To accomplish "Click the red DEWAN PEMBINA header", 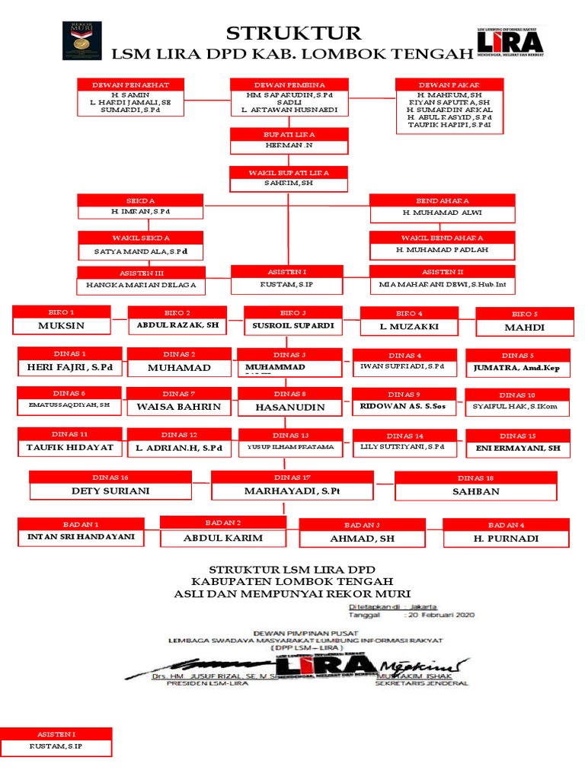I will [x=289, y=84].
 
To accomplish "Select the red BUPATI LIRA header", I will [x=289, y=134].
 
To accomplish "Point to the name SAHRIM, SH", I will [x=289, y=184].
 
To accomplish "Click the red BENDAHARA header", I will [x=442, y=200].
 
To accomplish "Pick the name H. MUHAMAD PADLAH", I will [x=442, y=249].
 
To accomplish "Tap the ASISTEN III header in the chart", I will [x=141, y=273].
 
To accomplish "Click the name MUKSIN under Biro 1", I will [x=61, y=326].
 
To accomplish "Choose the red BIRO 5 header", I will [x=525, y=313].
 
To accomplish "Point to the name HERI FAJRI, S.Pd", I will [x=70, y=368].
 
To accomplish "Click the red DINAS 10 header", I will [x=517, y=395].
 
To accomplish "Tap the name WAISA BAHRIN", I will [x=178, y=407].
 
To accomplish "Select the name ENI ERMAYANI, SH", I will [x=516, y=448].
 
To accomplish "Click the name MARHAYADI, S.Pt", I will [x=292, y=491].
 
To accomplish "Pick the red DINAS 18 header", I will [x=476, y=478].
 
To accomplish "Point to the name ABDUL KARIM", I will [x=223, y=538].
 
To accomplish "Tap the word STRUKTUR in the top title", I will [x=293, y=33].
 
